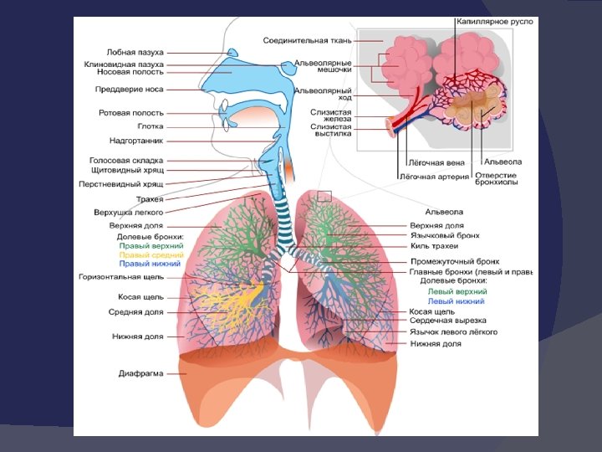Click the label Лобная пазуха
(135, 52)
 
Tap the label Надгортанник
(136, 141)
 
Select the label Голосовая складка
(126, 160)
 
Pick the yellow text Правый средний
(151, 255)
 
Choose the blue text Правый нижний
(150, 265)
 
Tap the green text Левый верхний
(456, 291)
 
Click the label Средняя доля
(136, 311)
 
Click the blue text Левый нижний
(456, 301)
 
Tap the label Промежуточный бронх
(455, 261)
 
